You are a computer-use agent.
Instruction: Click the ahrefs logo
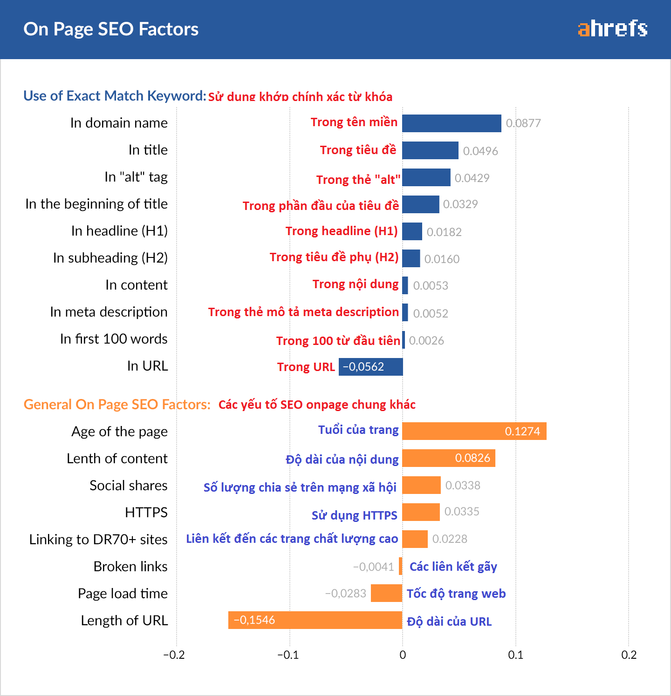pyautogui.click(x=612, y=29)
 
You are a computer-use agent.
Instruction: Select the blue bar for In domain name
pyautogui.click(x=452, y=123)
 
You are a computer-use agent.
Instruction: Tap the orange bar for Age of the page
pyautogui.click(x=474, y=431)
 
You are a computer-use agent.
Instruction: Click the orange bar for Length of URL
pyautogui.click(x=315, y=620)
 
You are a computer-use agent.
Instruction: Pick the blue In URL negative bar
pyautogui.click(x=370, y=367)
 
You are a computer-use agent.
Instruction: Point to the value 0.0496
pyautogui.click(x=480, y=151)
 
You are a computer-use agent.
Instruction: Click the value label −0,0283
pyautogui.click(x=345, y=593)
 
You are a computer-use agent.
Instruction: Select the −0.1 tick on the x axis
pyautogui.click(x=288, y=655)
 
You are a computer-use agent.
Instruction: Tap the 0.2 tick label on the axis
pyautogui.click(x=629, y=655)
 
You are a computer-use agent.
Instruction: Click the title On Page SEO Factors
pyautogui.click(x=111, y=29)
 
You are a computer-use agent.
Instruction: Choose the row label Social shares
pyautogui.click(x=128, y=486)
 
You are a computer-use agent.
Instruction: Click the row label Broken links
pyautogui.click(x=130, y=567)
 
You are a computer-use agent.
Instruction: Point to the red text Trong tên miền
pyautogui.click(x=354, y=122)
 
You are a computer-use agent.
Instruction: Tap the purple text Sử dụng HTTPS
pyautogui.click(x=354, y=515)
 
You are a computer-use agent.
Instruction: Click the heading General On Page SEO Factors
pyautogui.click(x=117, y=405)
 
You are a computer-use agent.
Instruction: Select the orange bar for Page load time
pyautogui.click(x=386, y=593)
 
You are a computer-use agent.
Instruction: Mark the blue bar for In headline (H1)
pyautogui.click(x=412, y=231)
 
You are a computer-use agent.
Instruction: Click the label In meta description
pyautogui.click(x=109, y=312)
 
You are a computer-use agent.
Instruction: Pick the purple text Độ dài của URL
pyautogui.click(x=449, y=622)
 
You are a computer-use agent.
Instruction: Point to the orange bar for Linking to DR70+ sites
pyautogui.click(x=415, y=539)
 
